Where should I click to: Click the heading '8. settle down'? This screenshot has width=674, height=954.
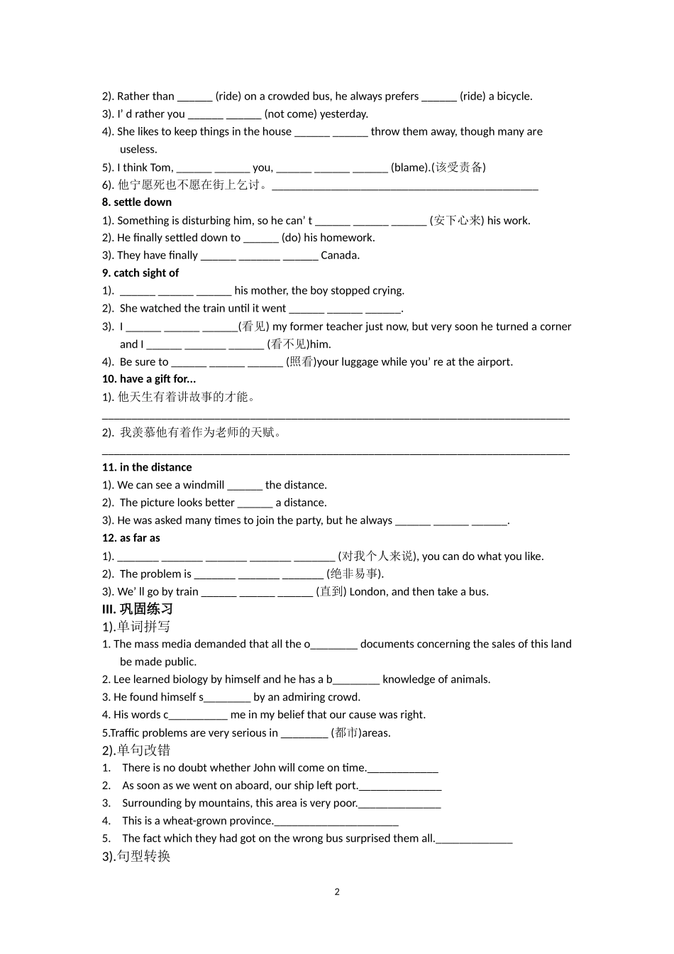[x=137, y=202]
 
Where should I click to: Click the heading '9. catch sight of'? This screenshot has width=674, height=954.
[x=140, y=273]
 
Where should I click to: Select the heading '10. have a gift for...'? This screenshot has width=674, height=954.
[x=149, y=379]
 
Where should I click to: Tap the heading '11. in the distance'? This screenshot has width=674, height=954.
[x=147, y=467]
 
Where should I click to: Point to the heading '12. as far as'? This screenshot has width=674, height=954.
[x=131, y=538]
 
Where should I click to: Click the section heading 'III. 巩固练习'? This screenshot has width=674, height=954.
[x=138, y=609]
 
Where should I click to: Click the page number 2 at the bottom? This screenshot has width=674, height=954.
[x=337, y=892]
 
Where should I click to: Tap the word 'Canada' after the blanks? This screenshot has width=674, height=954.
[x=339, y=256]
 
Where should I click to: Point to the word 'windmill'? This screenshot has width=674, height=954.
[x=204, y=486]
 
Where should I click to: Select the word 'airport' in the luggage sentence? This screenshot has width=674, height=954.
[x=492, y=362]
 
